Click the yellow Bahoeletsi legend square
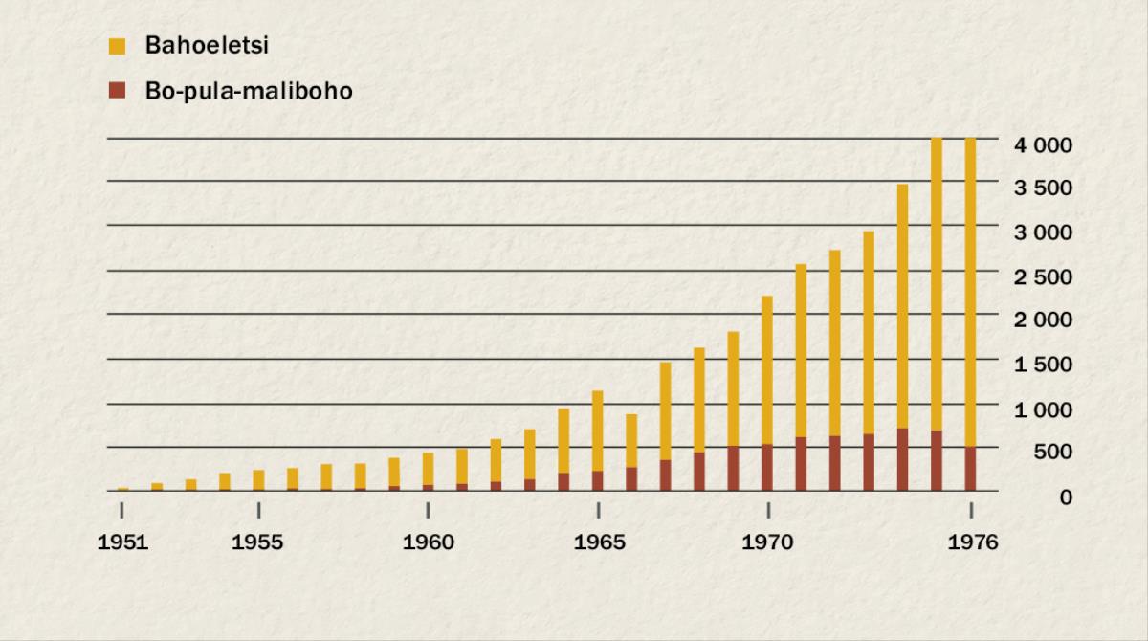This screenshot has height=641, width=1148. click(118, 46)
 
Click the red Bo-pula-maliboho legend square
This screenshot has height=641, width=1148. click(118, 92)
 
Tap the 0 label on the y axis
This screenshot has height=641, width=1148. click(1065, 497)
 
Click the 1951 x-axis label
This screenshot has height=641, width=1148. click(122, 542)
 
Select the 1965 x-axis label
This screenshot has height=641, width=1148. click(598, 542)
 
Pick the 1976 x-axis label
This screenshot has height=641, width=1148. click(971, 542)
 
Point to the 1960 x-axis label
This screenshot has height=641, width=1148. click(428, 542)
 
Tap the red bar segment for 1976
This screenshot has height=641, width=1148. click(971, 469)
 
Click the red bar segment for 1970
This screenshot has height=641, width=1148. click(767, 468)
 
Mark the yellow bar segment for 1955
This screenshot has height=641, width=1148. click(258, 479)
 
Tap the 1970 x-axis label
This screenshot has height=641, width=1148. click(767, 542)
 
